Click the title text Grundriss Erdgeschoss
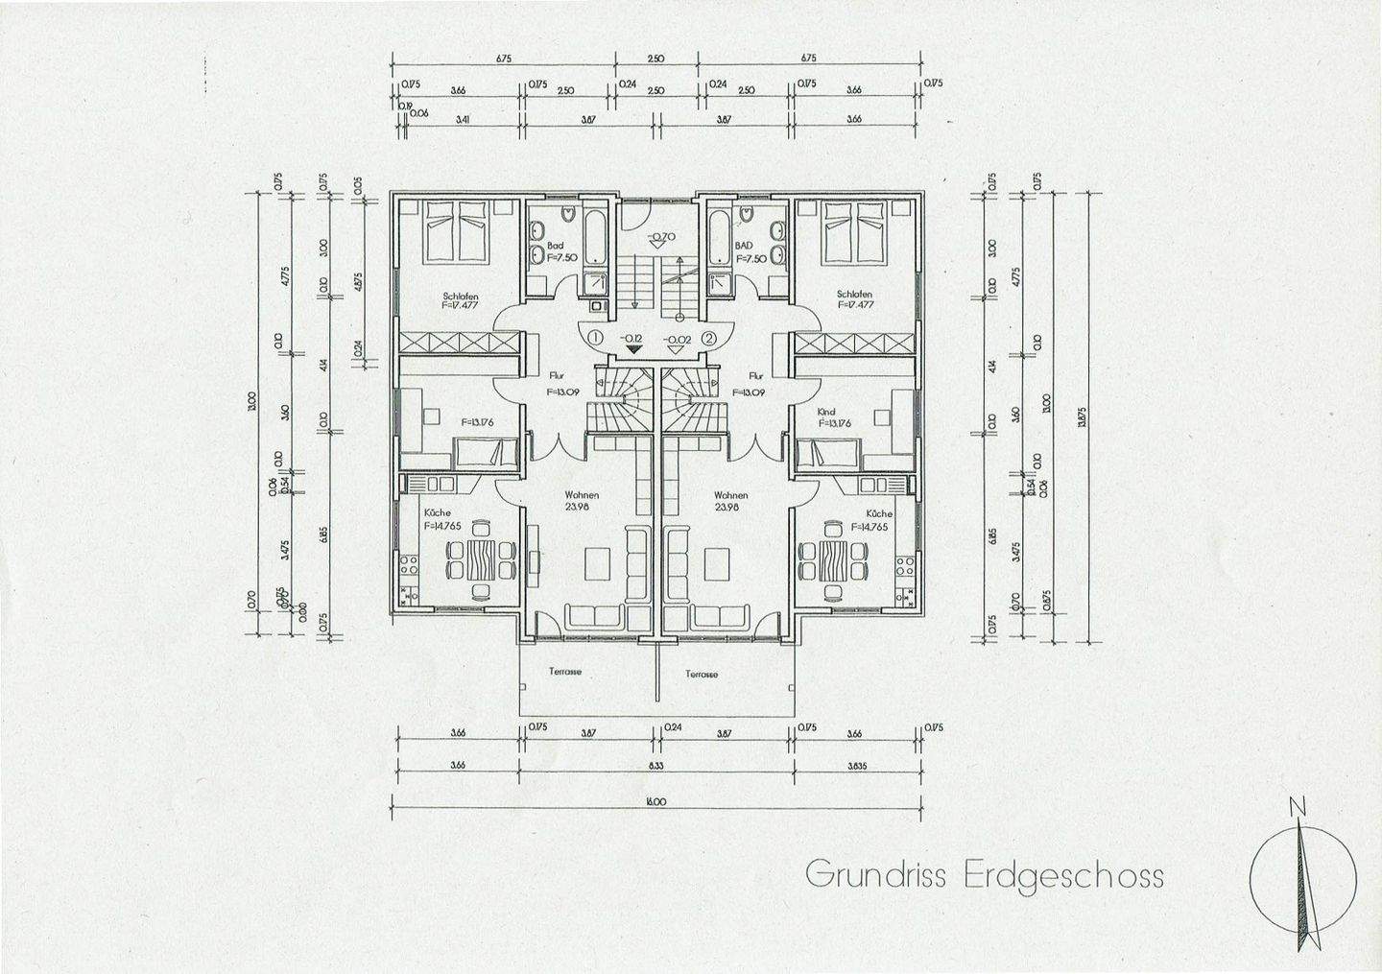pyautogui.click(x=984, y=875)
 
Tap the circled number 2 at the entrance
pyautogui.click(x=709, y=338)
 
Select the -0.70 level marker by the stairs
pyautogui.click(x=661, y=237)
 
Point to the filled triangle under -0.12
pyautogui.click(x=631, y=349)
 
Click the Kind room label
pyautogui.click(x=825, y=412)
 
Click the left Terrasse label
pyautogui.click(x=565, y=672)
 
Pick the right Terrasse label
pyautogui.click(x=702, y=674)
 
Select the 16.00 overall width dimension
pyautogui.click(x=656, y=801)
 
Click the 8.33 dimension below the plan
pyautogui.click(x=656, y=766)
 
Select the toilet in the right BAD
pyautogui.click(x=745, y=216)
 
